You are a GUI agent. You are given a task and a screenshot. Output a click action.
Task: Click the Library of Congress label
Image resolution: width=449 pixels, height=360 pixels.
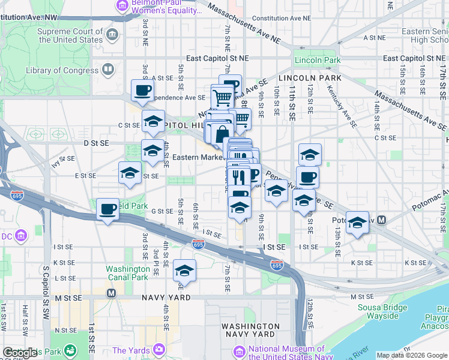(62, 70)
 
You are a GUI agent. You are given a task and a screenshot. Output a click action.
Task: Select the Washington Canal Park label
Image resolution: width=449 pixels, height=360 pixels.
(127, 273)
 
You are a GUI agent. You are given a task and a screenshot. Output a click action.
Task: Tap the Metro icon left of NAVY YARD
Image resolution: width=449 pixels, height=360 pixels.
(111, 293)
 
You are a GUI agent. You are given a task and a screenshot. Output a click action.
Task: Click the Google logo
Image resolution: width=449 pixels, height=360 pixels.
(20, 353)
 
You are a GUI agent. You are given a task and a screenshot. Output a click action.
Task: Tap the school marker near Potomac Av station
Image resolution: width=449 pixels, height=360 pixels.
(357, 222)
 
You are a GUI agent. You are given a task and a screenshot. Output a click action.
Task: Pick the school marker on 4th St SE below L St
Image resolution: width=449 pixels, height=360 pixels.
(184, 270)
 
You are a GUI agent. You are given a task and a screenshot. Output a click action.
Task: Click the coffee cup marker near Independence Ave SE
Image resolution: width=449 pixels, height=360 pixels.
(143, 90)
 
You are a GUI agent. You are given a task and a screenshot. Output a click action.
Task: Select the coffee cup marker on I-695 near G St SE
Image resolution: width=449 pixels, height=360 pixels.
(108, 209)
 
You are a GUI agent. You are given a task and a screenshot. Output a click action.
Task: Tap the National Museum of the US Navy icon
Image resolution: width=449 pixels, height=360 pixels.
(238, 350)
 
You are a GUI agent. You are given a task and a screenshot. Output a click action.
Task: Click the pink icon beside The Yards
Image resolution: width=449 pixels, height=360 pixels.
(158, 349)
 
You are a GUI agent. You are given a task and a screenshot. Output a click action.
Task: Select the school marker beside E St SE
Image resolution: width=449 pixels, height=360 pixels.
(130, 173)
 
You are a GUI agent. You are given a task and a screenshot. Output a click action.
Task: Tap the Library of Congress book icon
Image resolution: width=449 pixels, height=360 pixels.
(108, 70)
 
